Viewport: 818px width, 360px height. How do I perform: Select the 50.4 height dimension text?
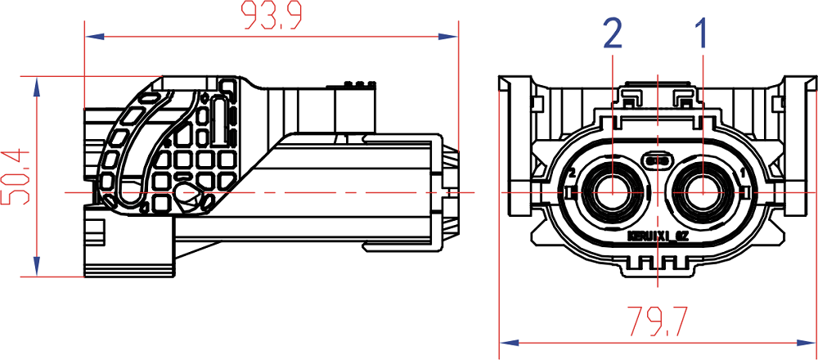coord(16,176)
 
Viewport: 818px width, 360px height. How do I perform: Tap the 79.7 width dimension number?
coord(658,321)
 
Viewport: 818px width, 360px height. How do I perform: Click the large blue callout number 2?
coord(612,34)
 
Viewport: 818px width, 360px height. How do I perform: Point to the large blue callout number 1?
coord(701,34)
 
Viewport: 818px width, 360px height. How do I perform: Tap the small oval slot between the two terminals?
coord(658,160)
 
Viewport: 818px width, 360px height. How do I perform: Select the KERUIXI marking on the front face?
coord(655,236)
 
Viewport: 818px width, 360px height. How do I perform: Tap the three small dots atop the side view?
coord(358,84)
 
